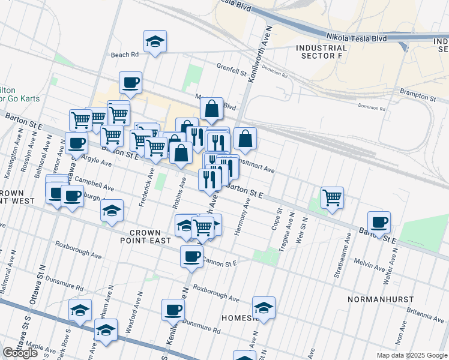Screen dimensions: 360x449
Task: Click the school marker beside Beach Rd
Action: [155, 43]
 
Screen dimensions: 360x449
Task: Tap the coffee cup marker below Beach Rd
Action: [130, 82]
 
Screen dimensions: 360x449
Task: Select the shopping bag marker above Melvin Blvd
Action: [211, 109]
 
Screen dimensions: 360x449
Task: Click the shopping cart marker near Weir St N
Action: [332, 197]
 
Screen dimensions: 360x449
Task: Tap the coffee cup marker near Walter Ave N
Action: [379, 223]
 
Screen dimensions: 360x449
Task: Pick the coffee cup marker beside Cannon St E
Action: [191, 256]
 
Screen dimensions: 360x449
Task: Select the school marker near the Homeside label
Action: [264, 308]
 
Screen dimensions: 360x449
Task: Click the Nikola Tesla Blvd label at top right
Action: [357, 36]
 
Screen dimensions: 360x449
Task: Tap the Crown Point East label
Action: [144, 236]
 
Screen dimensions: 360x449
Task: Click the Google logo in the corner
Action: [20, 353]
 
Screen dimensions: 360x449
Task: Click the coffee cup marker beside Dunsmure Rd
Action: [173, 310]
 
